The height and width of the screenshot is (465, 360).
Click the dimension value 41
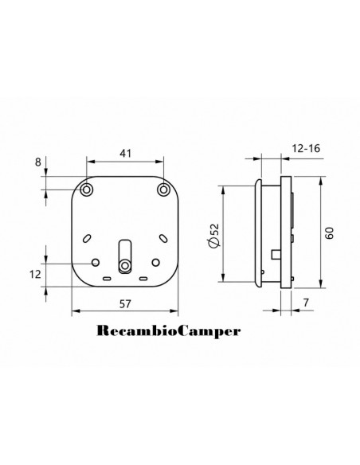coord(125,154)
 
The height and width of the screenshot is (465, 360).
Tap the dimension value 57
coord(125,303)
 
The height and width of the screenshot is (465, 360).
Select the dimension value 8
coord(38,162)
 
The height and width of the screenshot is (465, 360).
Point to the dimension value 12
coord(35,275)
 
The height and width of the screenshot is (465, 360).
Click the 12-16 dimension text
coord(307,148)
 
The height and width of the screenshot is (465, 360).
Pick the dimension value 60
coord(330,232)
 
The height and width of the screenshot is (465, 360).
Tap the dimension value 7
coord(306,303)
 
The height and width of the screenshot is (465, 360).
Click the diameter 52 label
coord(214,235)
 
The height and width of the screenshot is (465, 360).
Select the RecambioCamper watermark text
coord(168,331)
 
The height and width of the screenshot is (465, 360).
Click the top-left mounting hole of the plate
coord(87,190)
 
